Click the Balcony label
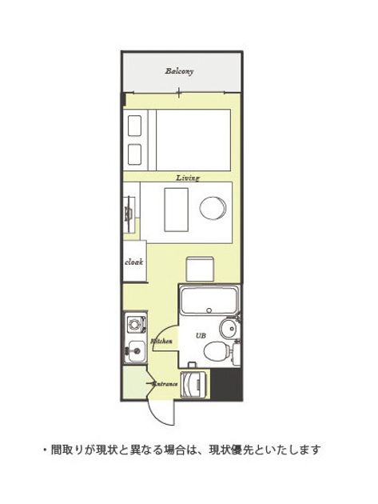tap(179, 71)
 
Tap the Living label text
tap(188, 178)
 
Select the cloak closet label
tap(133, 262)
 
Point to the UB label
tap(201, 335)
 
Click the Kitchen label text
tap(162, 341)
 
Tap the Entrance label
tap(165, 384)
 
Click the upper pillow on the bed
tap(134, 126)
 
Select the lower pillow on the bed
tap(134, 154)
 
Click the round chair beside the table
tap(213, 208)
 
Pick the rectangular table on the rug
tap(176, 210)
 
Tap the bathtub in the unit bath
tap(209, 301)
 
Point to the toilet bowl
tap(217, 350)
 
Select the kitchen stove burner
tap(137, 324)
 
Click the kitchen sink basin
tap(137, 351)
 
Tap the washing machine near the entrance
tap(193, 385)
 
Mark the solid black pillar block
tap(226, 385)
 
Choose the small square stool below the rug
tap(200, 269)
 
